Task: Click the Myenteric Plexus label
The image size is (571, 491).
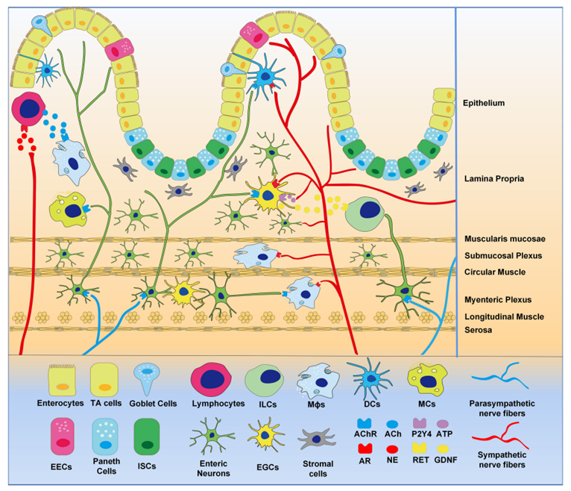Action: [x=497, y=300]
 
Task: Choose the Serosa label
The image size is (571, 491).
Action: [x=478, y=329]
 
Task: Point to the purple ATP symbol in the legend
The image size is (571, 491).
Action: [x=443, y=423]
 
